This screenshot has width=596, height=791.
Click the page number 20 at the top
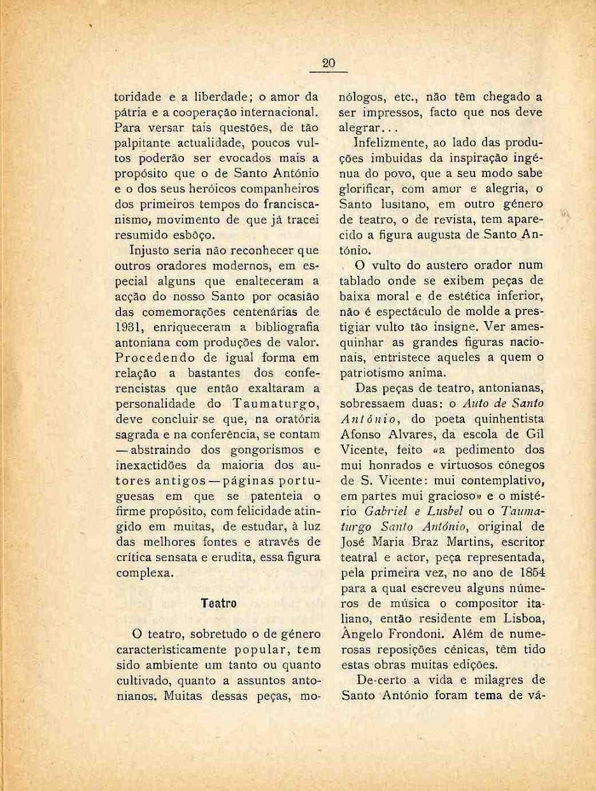pyautogui.click(x=329, y=62)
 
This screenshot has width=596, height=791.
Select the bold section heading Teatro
pyautogui.click(x=218, y=602)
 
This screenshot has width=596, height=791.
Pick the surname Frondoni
pyautogui.click(x=415, y=634)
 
